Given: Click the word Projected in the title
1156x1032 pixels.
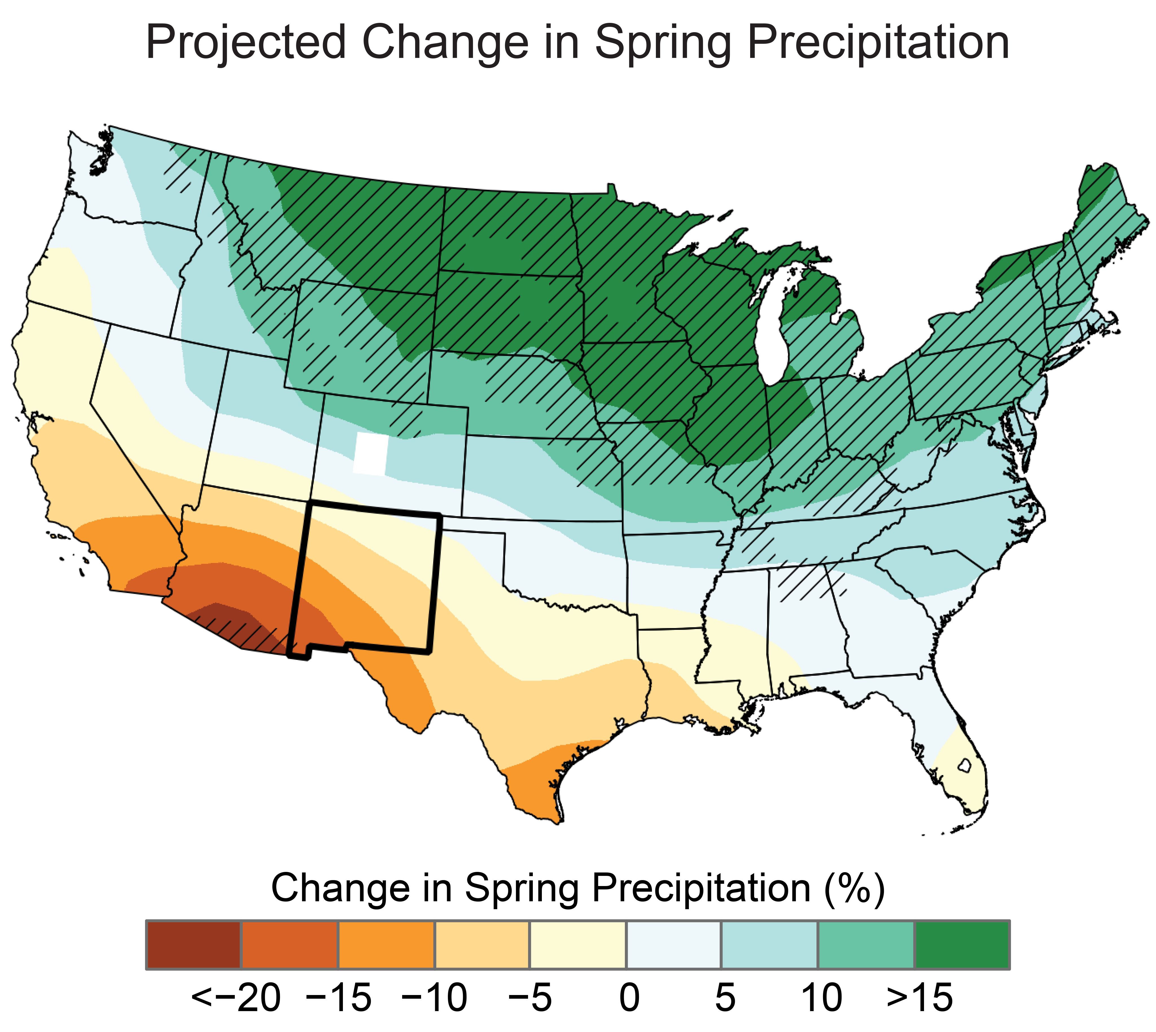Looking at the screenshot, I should (x=245, y=43).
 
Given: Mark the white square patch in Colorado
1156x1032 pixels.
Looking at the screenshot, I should (x=371, y=453).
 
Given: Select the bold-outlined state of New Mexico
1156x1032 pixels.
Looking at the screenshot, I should (x=368, y=578).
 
